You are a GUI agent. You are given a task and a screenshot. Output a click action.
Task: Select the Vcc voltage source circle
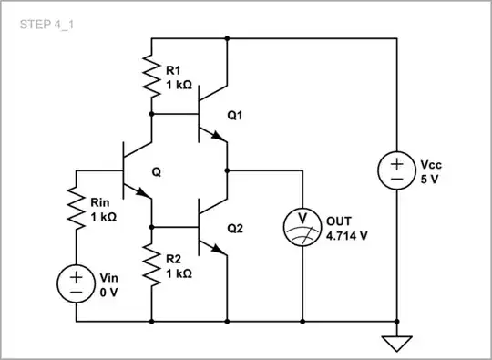point(397,170)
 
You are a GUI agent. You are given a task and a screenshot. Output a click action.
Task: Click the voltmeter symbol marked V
point(301,222)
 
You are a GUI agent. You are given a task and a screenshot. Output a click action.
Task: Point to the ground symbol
point(397,344)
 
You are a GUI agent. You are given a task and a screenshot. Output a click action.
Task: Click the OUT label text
point(339,219)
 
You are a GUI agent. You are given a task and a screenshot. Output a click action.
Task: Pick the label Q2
point(237,230)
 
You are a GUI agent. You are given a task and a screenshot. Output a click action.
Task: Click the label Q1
point(237,115)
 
